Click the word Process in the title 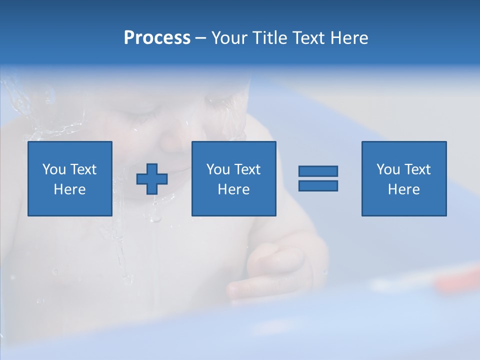[157, 38]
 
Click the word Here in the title [350, 38]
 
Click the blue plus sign [152, 179]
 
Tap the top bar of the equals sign [318, 171]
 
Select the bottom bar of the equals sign [318, 185]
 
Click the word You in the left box [54, 169]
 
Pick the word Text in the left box [83, 169]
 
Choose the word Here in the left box [69, 189]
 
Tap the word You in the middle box [218, 169]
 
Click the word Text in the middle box [247, 169]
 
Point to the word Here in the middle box [233, 189]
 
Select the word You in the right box [388, 169]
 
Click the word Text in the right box [417, 169]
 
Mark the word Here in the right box [403, 189]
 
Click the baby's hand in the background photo [270, 272]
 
